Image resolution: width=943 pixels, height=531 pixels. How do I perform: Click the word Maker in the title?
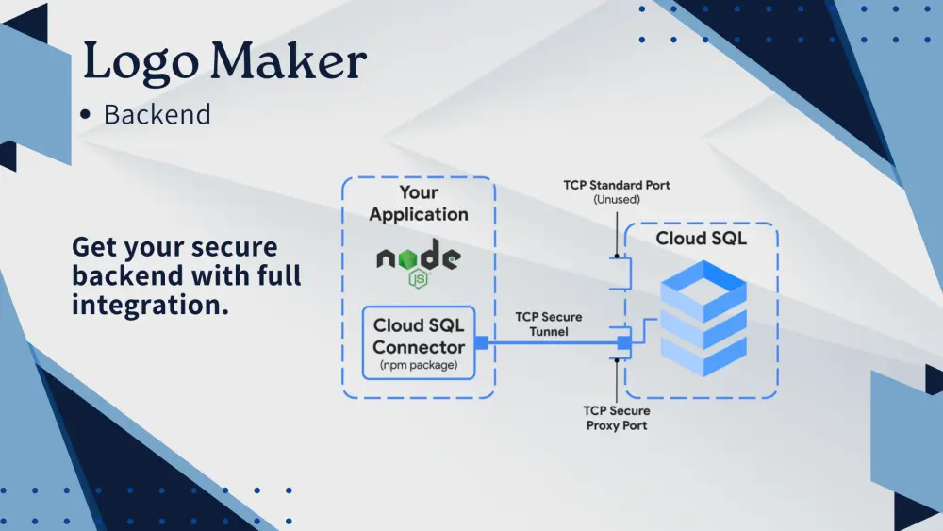pos(289,62)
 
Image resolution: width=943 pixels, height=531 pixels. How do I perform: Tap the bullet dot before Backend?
pos(86,115)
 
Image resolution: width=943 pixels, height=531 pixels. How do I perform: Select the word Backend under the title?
pos(157,115)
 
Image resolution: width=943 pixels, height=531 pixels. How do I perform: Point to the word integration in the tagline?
pos(150,306)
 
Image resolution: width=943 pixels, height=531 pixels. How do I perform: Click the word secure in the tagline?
pos(232,248)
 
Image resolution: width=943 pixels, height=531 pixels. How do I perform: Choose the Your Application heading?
pos(419,204)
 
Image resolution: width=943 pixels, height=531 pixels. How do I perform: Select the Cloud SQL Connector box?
pos(419,342)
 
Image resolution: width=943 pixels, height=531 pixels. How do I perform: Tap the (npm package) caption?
pos(419,365)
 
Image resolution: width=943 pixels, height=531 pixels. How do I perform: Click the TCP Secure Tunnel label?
pos(548,324)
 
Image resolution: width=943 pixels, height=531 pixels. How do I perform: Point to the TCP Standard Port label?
pos(617,185)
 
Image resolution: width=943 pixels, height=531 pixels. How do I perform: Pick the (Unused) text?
pos(617,200)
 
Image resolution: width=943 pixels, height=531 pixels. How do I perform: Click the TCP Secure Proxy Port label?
pos(617,418)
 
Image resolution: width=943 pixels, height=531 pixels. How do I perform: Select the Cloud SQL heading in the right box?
pos(701,239)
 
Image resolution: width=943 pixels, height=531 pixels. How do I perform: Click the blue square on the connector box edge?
pos(481,342)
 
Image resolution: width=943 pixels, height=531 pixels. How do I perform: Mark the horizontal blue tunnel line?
pos(547,342)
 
